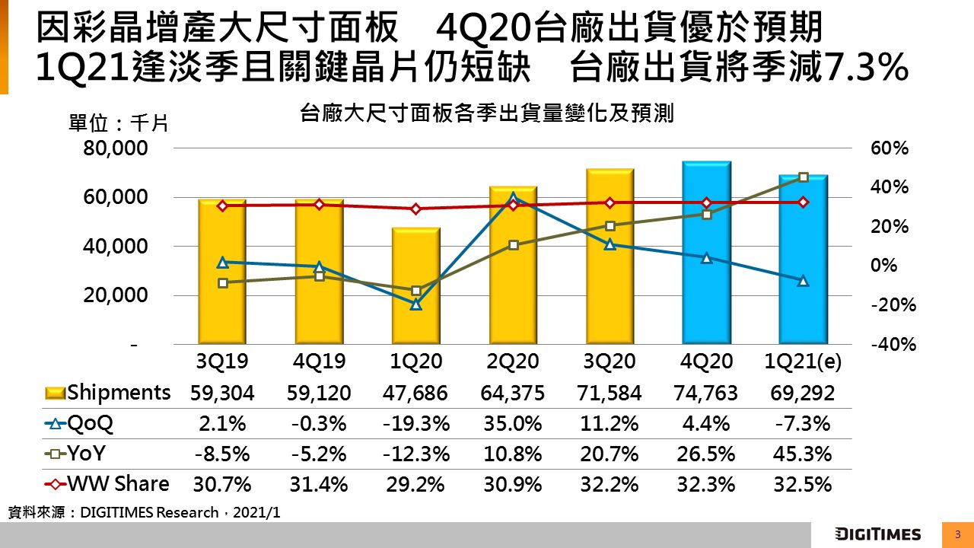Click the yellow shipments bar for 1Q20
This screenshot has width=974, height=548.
[x=416, y=285]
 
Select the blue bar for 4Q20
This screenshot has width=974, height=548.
[x=706, y=253]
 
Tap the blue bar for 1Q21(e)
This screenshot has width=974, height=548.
[x=803, y=260]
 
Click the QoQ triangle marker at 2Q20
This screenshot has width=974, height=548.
[x=513, y=198]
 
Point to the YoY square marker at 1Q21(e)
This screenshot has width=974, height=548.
[x=803, y=177]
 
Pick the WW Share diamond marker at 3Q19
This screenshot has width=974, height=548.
[x=223, y=205]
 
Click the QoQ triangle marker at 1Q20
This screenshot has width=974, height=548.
[x=416, y=304]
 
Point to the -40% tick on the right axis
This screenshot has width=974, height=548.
[x=893, y=345]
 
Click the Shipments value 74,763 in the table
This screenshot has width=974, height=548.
[x=705, y=393]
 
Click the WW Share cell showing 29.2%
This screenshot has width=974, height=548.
[x=415, y=485]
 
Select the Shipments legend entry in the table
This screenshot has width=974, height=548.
[x=109, y=393]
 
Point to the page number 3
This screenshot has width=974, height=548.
[x=956, y=534]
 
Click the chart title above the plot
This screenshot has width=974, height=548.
[x=487, y=115]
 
